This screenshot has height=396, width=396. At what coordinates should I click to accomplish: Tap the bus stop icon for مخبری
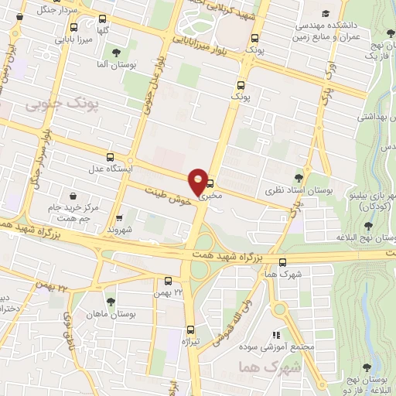click(210, 184)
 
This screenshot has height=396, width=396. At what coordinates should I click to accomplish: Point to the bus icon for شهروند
click(118, 218)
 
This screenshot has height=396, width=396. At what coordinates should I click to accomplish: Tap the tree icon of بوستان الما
click(116, 53)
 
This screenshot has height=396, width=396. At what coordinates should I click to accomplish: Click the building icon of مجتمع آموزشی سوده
click(274, 335)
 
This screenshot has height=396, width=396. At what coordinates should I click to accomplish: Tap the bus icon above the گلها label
click(103, 19)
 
